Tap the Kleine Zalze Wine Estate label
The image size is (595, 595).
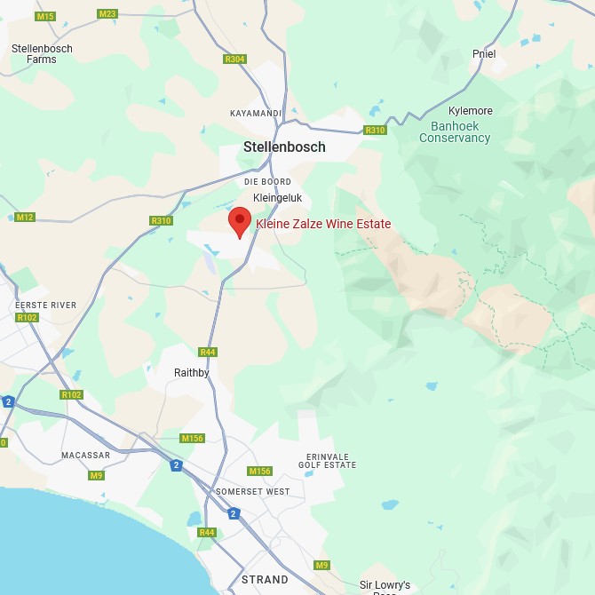(x=323, y=224)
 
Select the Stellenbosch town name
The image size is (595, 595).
(x=284, y=147)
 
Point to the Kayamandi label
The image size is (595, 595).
(x=255, y=114)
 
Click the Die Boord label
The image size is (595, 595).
(x=267, y=182)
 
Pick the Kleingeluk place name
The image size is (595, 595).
(x=278, y=197)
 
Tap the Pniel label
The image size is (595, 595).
(x=484, y=54)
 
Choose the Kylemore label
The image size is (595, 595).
(x=471, y=111)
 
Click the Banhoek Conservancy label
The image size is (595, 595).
(x=455, y=132)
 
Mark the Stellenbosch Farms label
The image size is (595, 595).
(x=42, y=54)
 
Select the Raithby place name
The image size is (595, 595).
(x=191, y=373)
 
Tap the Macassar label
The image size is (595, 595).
(x=85, y=456)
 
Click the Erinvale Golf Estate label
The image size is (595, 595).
(x=328, y=460)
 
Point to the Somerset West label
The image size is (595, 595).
(x=252, y=491)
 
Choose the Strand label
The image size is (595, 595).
(x=265, y=580)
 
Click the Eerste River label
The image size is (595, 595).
(x=45, y=305)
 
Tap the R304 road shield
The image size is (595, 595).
(x=234, y=59)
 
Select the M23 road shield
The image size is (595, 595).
(x=107, y=13)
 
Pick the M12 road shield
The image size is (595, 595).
(x=24, y=218)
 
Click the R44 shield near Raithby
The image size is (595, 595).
(x=208, y=353)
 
